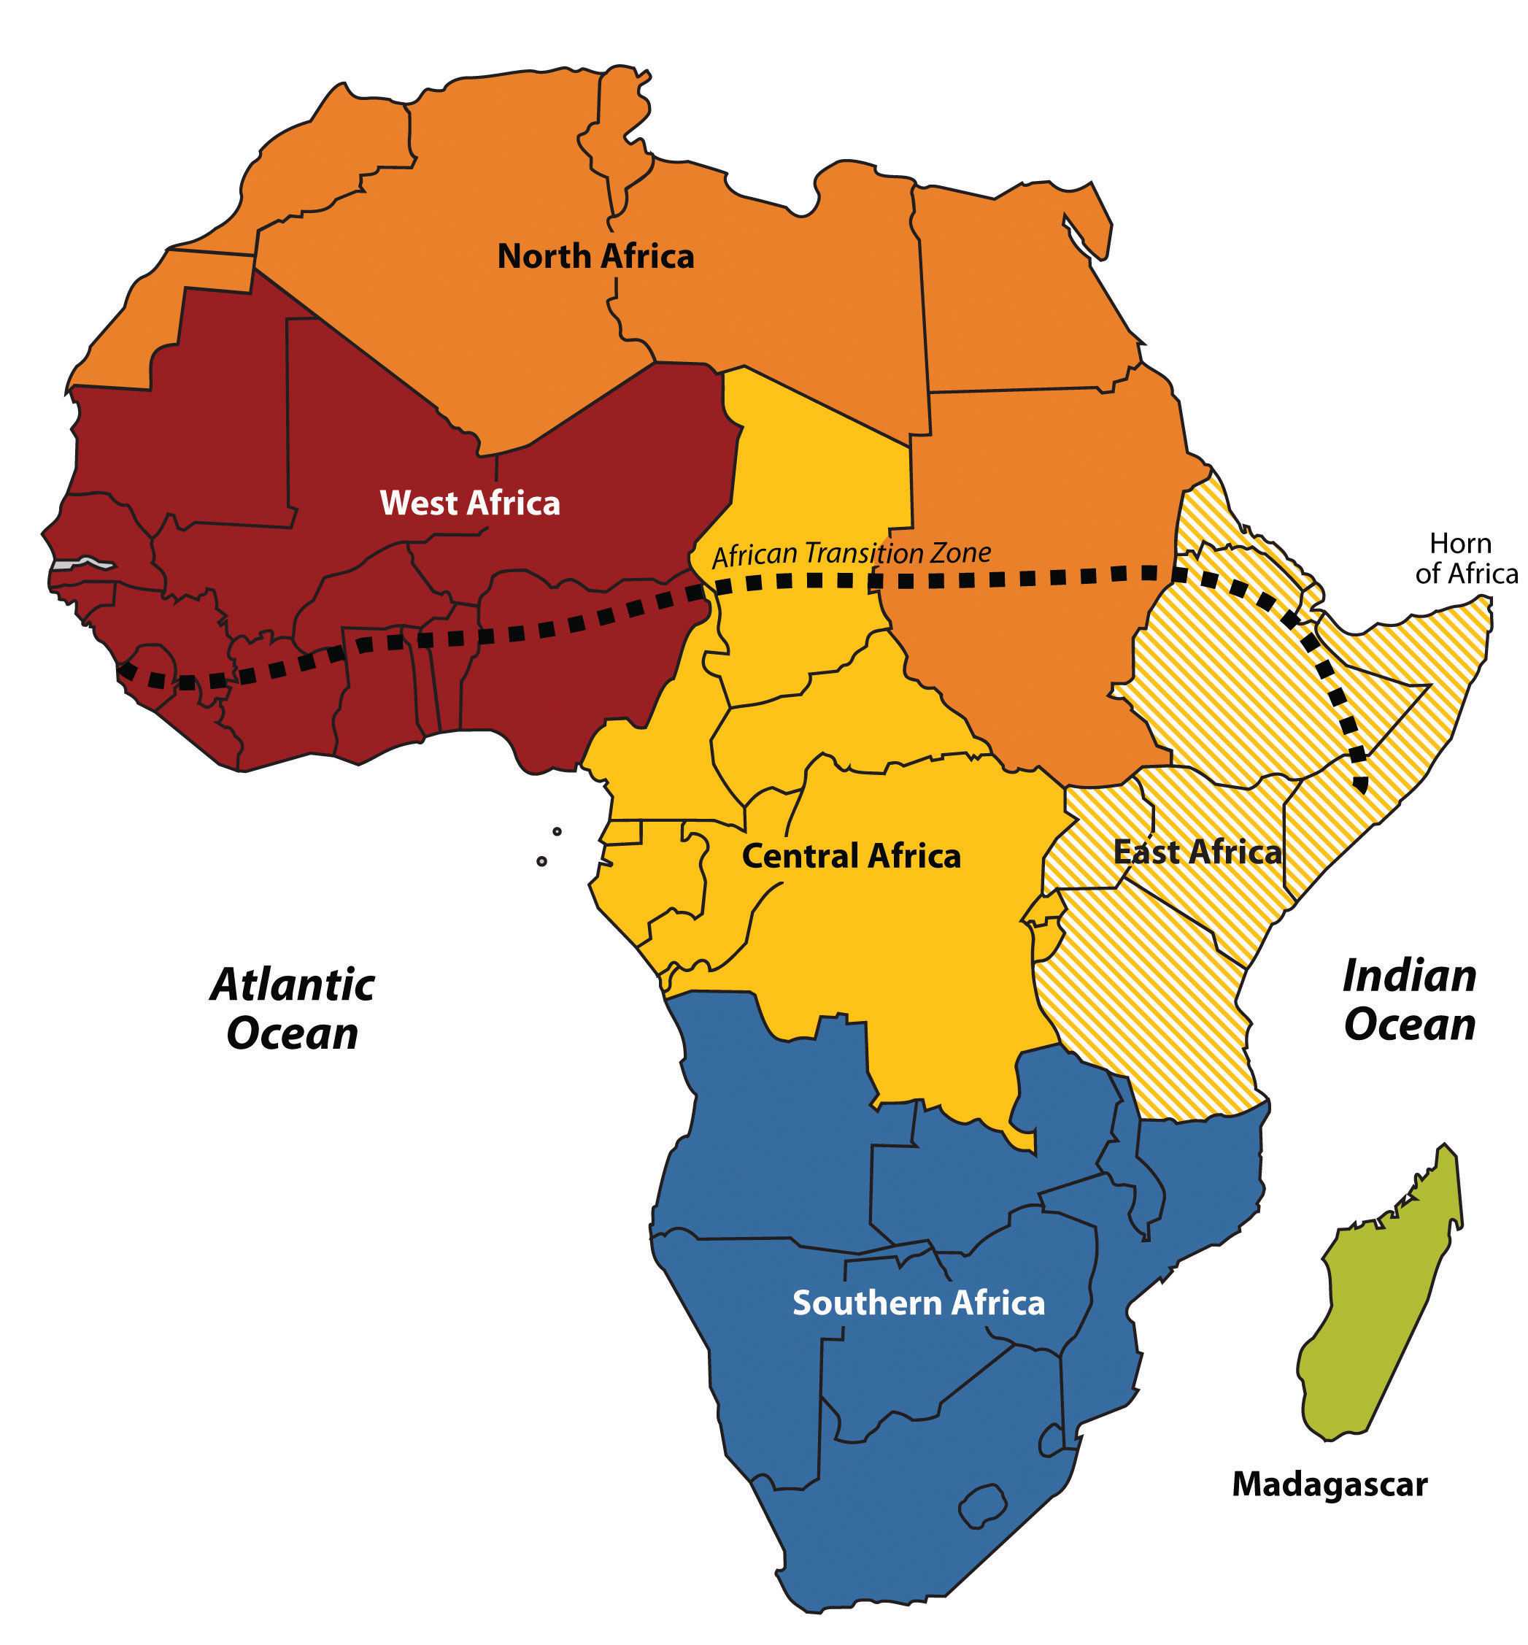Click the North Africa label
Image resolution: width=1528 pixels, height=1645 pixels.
pyautogui.click(x=595, y=256)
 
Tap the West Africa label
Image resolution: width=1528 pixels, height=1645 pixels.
pyautogui.click(x=470, y=503)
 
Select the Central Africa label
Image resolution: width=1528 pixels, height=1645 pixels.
pyautogui.click(x=851, y=856)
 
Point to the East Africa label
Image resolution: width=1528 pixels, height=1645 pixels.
pyautogui.click(x=1197, y=852)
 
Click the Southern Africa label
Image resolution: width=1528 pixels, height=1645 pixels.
pyautogui.click(x=918, y=1303)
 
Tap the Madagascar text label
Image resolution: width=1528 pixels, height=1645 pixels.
pyautogui.click(x=1329, y=1484)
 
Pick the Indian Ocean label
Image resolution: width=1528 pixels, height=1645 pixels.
pyautogui.click(x=1410, y=1000)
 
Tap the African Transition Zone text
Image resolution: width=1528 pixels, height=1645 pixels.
pyautogui.click(x=851, y=554)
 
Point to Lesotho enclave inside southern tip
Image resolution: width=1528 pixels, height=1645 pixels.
pyautogui.click(x=983, y=1505)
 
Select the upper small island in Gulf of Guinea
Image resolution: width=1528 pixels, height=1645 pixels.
pyautogui.click(x=557, y=831)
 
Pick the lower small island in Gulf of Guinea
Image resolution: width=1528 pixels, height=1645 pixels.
pyautogui.click(x=541, y=861)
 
